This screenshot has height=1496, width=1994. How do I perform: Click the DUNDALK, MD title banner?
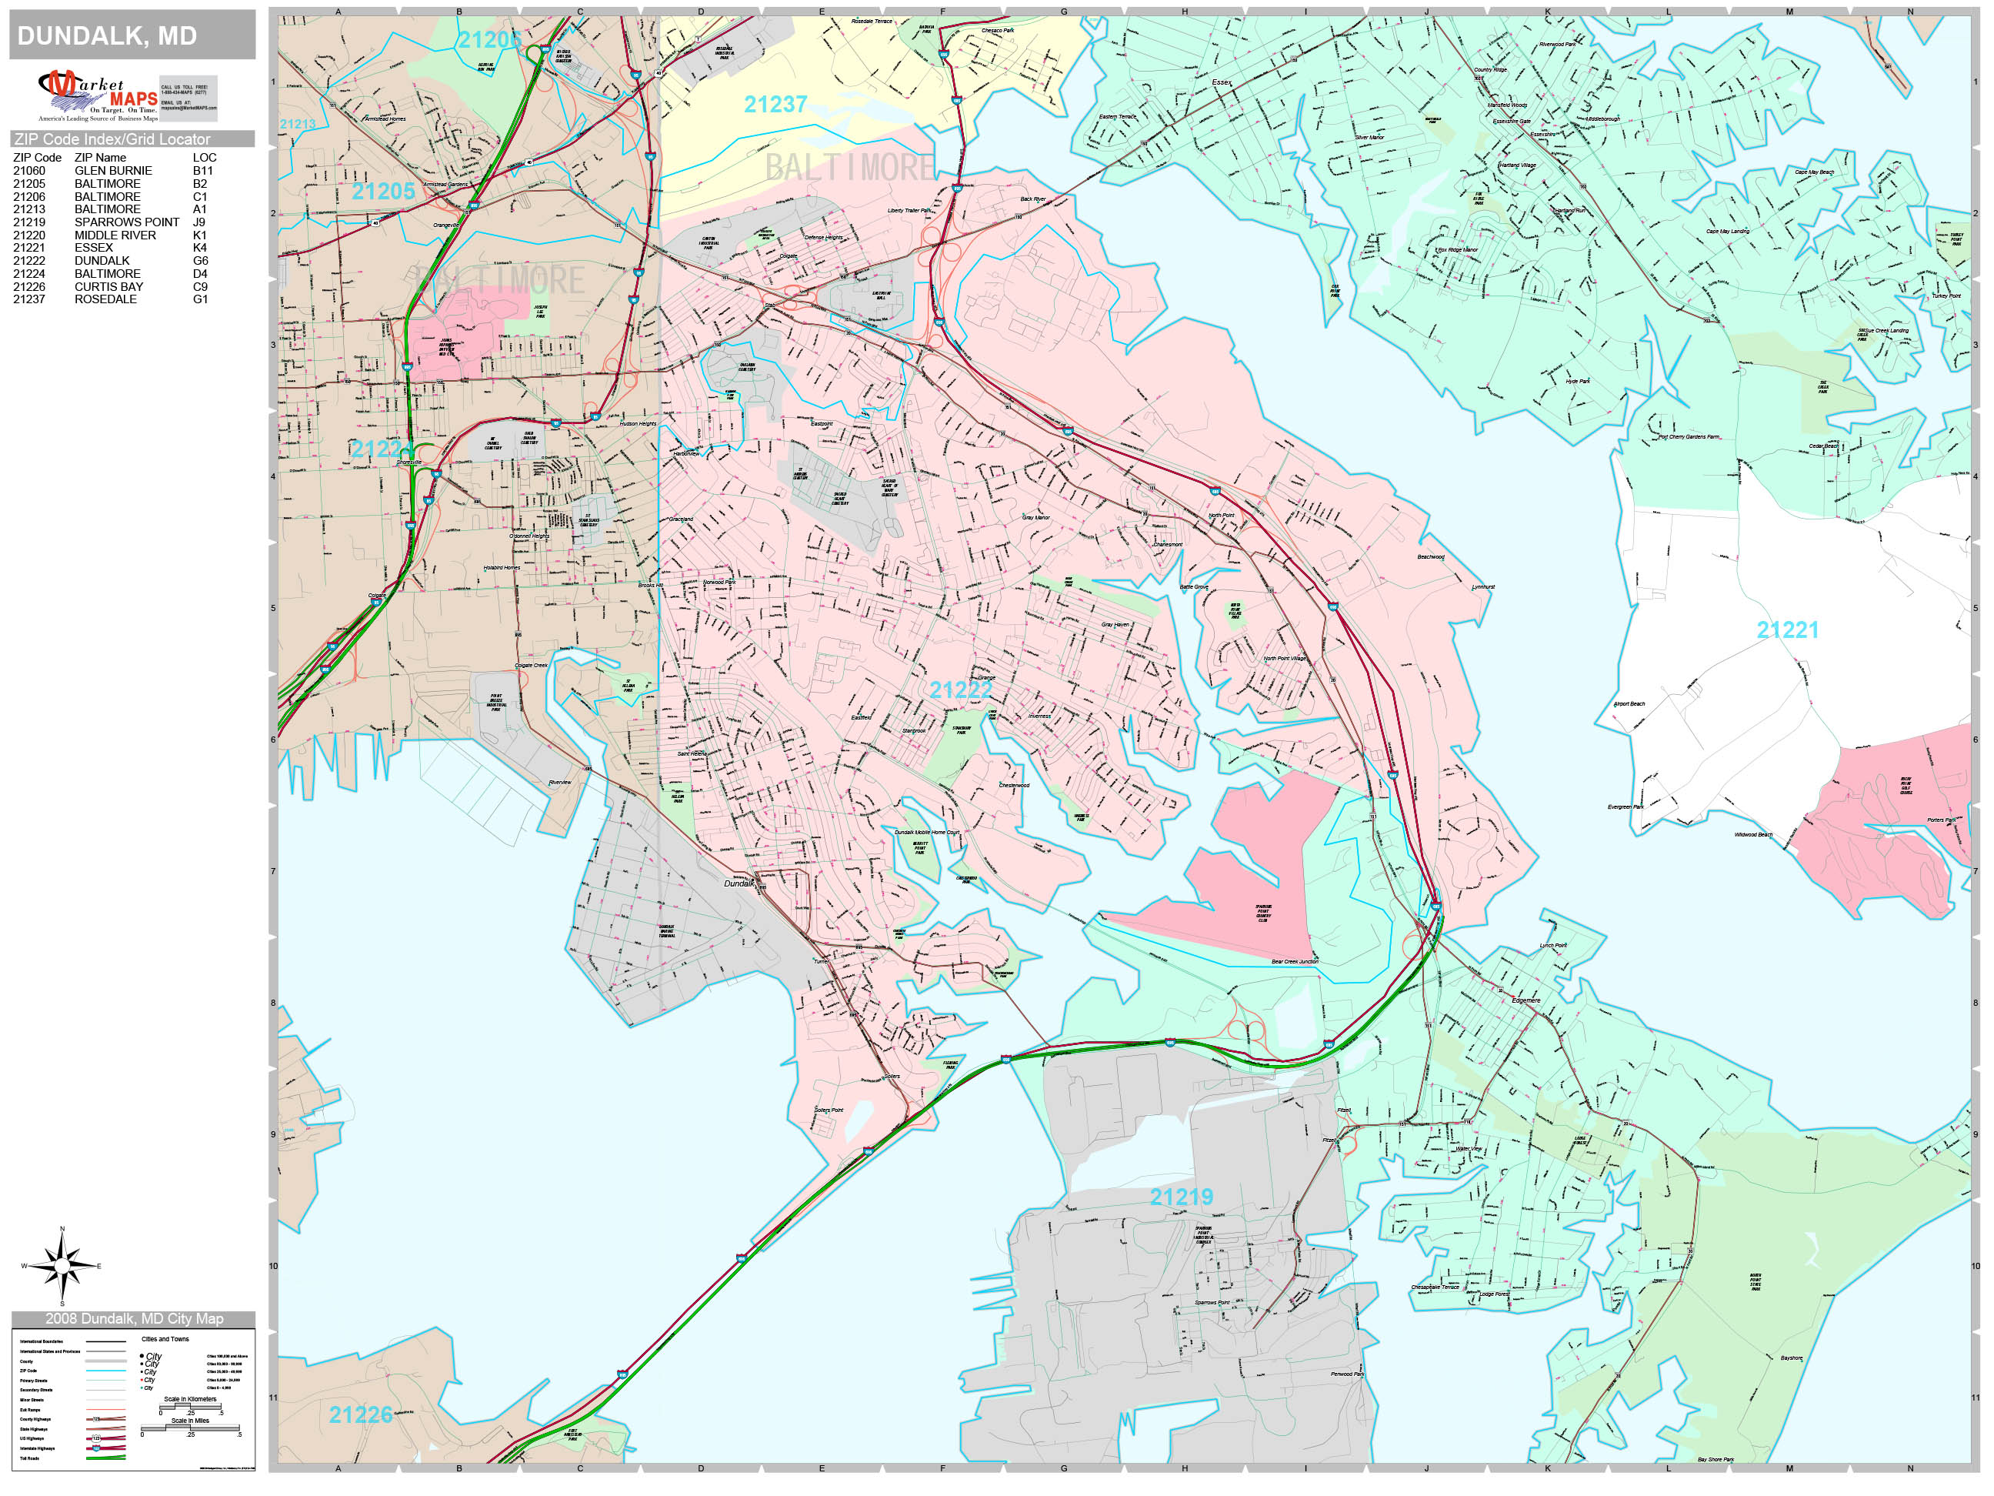point(132,36)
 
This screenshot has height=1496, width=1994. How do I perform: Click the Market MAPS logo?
point(98,95)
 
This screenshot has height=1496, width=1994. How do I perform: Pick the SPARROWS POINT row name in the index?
point(126,222)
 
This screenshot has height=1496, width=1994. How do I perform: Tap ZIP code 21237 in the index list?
point(28,299)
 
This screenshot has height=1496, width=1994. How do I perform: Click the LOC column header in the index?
point(204,158)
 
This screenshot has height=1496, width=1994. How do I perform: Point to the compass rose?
point(62,1266)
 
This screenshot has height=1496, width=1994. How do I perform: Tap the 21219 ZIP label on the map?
point(1181,1197)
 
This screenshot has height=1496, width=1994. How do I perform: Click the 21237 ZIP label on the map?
point(775,105)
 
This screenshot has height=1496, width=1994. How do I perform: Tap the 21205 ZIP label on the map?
point(383,191)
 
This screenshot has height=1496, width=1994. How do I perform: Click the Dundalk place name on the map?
point(739,883)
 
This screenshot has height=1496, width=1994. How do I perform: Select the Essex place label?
point(1221,83)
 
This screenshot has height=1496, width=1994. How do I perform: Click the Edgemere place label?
point(1526,1001)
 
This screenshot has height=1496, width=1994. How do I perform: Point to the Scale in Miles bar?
point(190,1428)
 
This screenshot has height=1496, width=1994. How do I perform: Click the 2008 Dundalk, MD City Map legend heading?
point(133,1319)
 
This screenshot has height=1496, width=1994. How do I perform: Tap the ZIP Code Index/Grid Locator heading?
point(112,139)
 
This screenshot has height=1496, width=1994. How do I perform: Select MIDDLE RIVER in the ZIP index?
point(115,235)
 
